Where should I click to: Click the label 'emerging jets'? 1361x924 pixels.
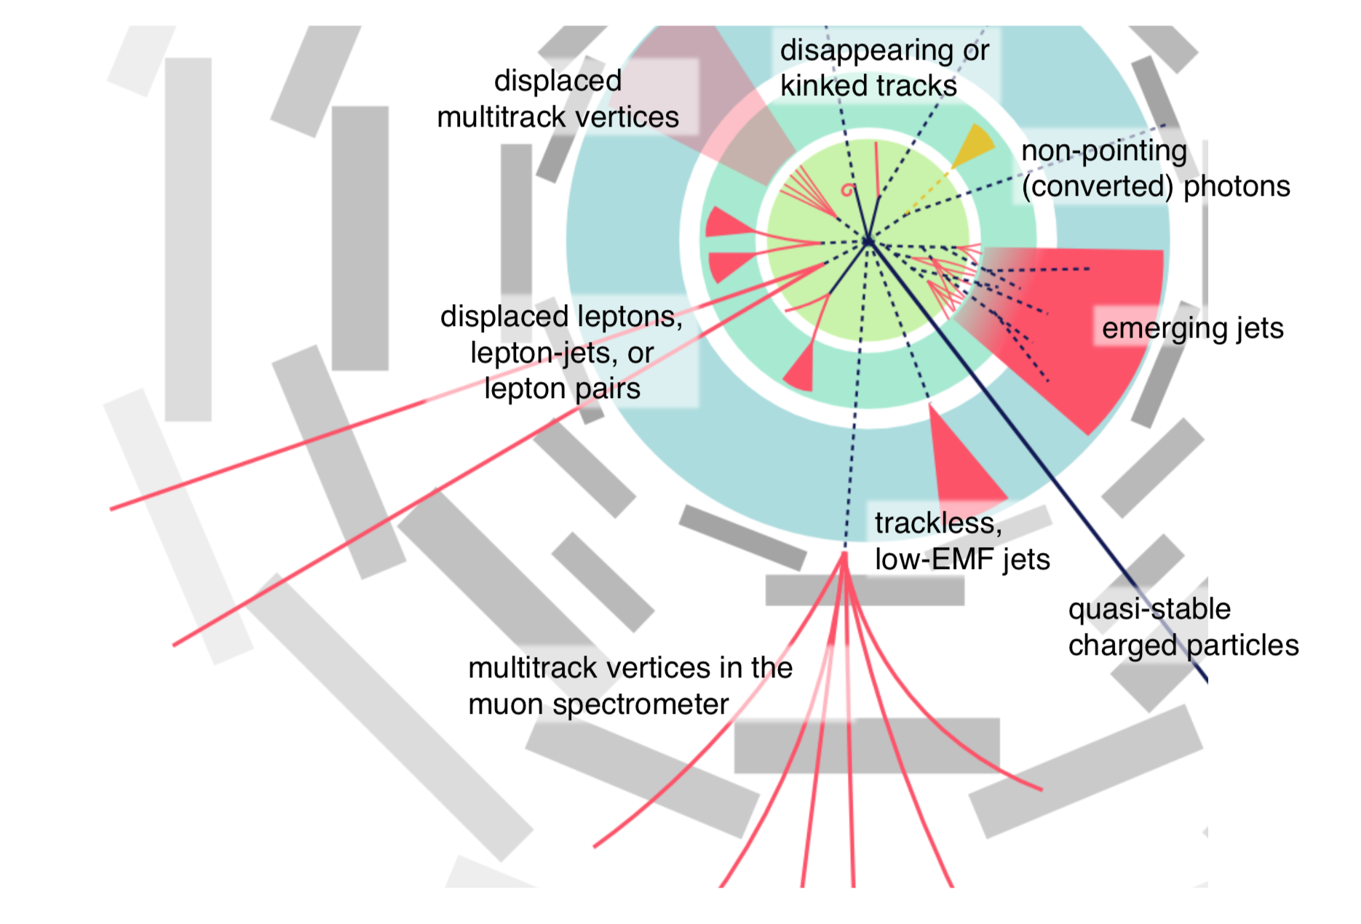coord(1192,328)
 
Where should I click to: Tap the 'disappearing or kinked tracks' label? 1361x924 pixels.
coord(884,68)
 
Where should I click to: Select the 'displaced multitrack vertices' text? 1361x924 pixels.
coord(558,99)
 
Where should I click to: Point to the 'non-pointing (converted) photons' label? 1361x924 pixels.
coord(1155,169)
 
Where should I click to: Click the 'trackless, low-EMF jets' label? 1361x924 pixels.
coord(961,541)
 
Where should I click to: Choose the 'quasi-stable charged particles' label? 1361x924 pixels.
coord(1183,627)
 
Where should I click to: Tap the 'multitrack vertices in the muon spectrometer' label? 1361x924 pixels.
coord(630,686)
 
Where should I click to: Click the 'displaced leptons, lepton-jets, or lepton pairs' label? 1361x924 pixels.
coord(562,352)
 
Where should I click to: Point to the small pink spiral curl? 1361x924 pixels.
coord(847,190)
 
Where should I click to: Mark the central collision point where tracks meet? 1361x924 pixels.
coord(868,241)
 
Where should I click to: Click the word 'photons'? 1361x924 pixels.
coord(1237,187)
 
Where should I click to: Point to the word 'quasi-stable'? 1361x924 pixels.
coord(1149,609)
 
